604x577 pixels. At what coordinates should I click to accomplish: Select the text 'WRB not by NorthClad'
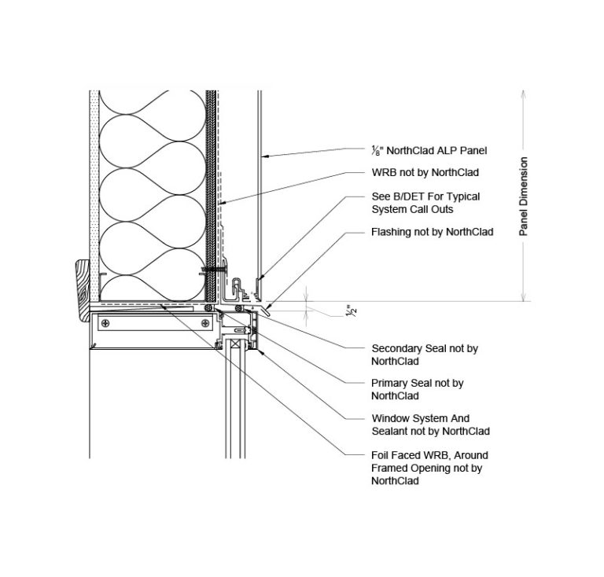[425, 171]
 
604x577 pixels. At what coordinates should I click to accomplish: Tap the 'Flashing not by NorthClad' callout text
[432, 232]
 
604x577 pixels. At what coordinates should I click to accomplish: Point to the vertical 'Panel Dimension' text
[524, 197]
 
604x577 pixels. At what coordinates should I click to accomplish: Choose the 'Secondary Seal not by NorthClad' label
[424, 355]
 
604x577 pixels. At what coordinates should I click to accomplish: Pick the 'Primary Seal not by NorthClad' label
[417, 389]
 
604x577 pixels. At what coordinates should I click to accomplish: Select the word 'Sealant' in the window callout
[390, 432]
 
